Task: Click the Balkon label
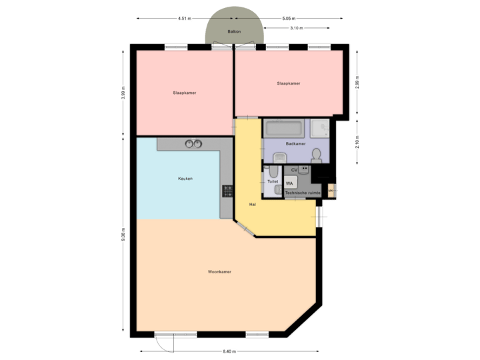point(233,31)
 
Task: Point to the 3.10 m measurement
point(296,28)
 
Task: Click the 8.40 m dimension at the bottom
point(229,351)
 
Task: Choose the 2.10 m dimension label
point(357,141)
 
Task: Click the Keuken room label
point(185,179)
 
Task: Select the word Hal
point(252,204)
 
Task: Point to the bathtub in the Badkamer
point(285,128)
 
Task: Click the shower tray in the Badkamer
point(321,127)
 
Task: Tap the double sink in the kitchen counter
point(194,143)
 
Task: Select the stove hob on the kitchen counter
point(227,191)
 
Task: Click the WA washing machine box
point(290,183)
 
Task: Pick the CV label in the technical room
point(294,171)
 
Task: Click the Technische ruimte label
point(303,193)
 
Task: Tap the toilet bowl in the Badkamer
point(317,156)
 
